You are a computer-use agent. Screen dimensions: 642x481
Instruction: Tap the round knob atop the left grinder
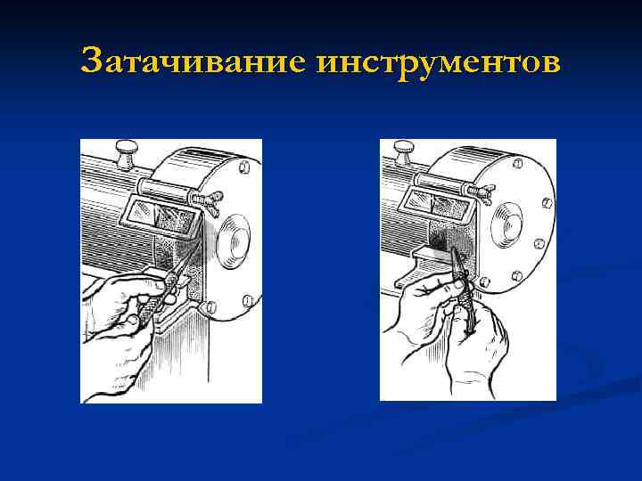(x=126, y=155)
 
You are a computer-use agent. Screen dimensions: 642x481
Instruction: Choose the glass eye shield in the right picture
(x=437, y=206)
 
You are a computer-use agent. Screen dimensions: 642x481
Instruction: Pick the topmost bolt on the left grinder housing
(x=243, y=167)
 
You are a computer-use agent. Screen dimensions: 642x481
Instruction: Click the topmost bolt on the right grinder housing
(x=518, y=163)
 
